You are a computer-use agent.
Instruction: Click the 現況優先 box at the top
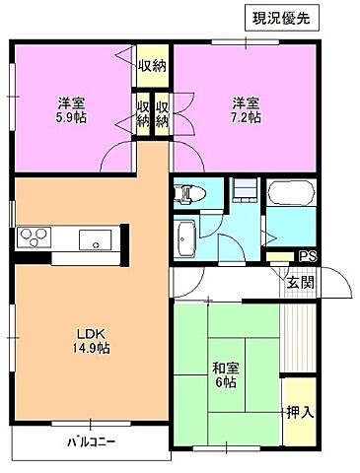tap(281, 19)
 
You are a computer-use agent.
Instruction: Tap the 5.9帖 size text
tap(69, 117)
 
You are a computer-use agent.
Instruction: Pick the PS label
tap(308, 256)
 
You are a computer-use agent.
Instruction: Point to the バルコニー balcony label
tap(91, 441)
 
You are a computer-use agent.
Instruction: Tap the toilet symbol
tap(189, 193)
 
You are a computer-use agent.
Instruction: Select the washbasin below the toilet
tap(186, 236)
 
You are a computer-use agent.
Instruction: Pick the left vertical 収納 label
tap(143, 114)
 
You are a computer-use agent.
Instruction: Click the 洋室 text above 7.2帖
tap(246, 102)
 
